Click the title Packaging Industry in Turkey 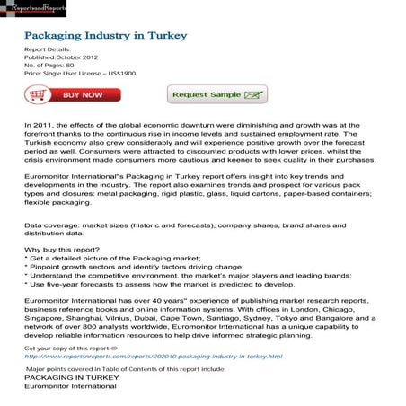click(105, 35)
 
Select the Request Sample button click(216, 94)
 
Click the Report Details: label click(47, 48)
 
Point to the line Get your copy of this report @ click(71, 348)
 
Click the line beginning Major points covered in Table click(125, 368)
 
